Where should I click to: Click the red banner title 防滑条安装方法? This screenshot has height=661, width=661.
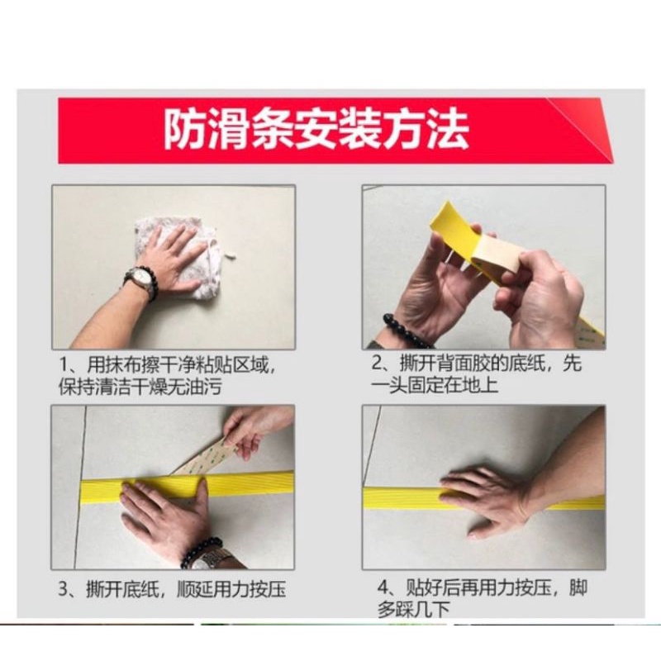316,130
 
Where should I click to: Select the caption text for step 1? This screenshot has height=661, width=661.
168,376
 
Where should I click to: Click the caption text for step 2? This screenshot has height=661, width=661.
477,374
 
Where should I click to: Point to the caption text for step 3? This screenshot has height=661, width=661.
172,589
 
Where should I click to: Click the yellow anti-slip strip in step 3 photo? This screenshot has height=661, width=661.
188,484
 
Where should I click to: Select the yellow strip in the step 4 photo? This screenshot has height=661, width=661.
484,497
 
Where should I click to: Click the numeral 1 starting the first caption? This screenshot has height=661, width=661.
64,364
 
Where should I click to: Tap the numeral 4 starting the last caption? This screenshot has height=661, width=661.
383,587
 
